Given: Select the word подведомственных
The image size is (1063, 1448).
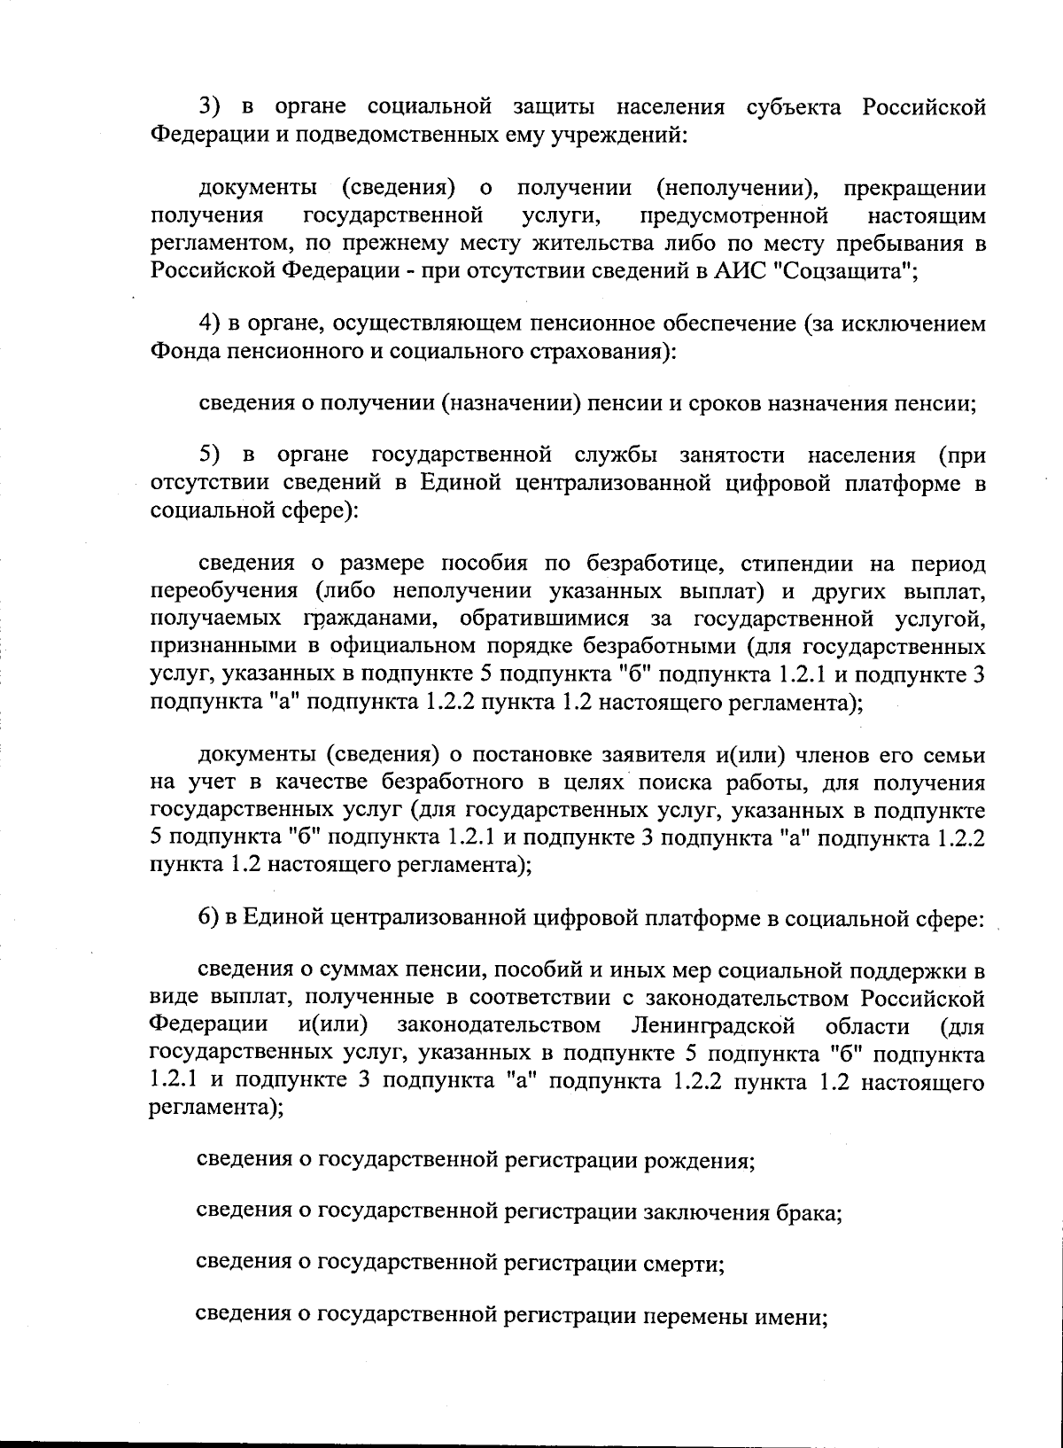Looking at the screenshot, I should tap(404, 136).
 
